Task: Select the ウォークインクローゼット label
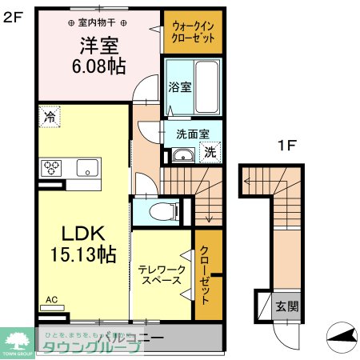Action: [192, 32]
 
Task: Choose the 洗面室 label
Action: [192, 135]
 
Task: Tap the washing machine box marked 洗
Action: [210, 151]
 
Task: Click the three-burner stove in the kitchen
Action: [54, 167]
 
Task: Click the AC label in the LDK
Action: [51, 300]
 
